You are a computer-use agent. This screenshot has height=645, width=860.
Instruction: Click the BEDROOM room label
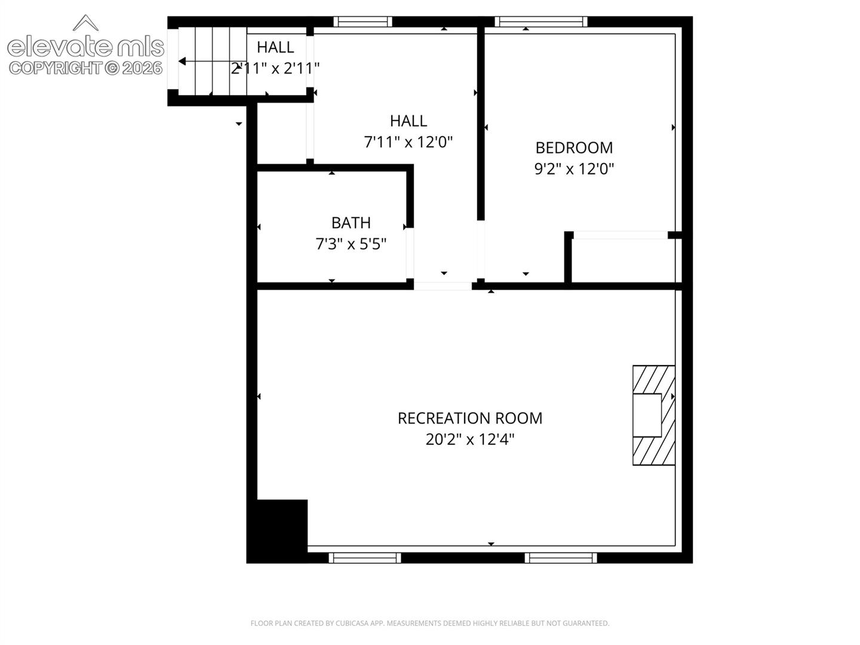[573, 148]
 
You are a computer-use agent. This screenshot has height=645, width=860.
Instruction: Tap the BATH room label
[351, 223]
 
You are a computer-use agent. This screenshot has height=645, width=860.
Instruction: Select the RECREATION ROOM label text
[470, 418]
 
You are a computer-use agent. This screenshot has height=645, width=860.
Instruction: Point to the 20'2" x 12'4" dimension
[470, 440]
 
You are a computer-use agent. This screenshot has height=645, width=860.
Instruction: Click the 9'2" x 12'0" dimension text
[574, 169]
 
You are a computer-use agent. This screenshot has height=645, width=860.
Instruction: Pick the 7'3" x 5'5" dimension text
[351, 244]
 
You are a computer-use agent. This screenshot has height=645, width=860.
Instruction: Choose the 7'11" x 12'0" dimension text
[408, 142]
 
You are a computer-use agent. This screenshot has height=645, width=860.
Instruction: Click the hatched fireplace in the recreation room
[653, 415]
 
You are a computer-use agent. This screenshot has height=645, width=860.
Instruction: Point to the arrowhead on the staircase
[182, 62]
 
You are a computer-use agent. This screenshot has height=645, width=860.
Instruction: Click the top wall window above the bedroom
[540, 21]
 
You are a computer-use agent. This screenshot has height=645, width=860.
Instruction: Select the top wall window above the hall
[363, 21]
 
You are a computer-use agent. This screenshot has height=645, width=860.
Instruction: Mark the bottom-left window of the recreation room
[364, 558]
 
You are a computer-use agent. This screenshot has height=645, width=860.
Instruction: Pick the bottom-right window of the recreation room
[561, 558]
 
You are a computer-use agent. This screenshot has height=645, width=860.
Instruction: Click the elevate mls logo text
[85, 47]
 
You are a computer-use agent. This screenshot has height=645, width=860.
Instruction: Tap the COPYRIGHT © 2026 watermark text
[85, 68]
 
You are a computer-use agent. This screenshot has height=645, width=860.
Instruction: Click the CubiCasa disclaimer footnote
[430, 623]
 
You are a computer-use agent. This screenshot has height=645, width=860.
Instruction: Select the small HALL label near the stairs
[275, 47]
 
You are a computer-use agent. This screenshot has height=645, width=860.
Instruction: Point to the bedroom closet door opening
[621, 235]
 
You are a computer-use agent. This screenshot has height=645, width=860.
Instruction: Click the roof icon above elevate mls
[85, 23]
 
